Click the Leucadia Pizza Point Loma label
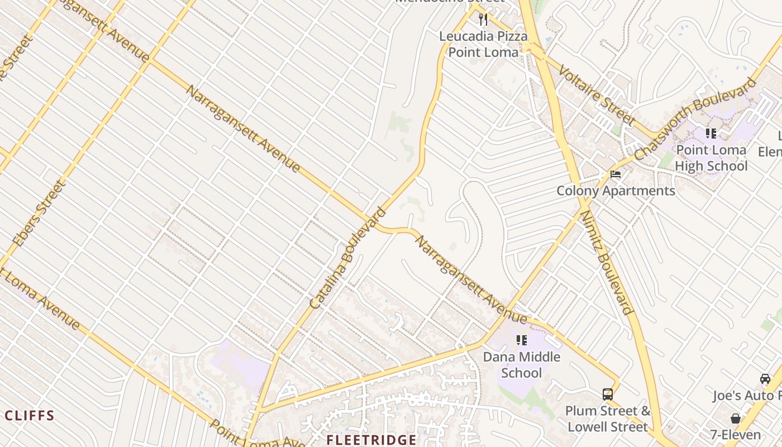(x=483, y=44)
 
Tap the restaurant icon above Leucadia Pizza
(x=483, y=20)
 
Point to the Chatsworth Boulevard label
(x=695, y=118)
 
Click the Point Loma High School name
(x=711, y=158)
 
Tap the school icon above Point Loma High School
(x=711, y=134)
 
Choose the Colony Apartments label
(x=616, y=191)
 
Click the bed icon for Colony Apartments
(x=616, y=174)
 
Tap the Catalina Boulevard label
(x=347, y=258)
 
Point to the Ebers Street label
(x=37, y=213)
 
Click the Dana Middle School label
(x=521, y=364)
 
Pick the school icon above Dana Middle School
(x=522, y=340)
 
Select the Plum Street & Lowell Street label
(x=608, y=419)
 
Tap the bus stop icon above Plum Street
(x=608, y=394)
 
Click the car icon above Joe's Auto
(x=765, y=379)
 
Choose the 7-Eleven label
(x=735, y=435)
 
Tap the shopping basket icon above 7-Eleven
(x=735, y=419)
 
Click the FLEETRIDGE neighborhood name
(x=371, y=440)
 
